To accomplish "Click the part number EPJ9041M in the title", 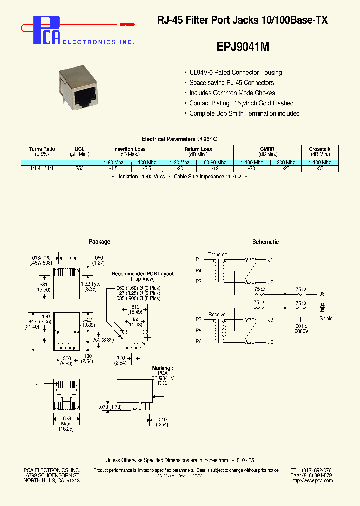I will (x=243, y=47).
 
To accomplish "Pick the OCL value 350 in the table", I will (x=79, y=169).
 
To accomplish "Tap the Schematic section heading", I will (x=265, y=242).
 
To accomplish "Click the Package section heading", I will (x=99, y=242).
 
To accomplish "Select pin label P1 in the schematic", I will (x=199, y=260).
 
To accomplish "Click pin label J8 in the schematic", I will (x=322, y=294).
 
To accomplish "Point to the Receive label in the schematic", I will (x=217, y=314).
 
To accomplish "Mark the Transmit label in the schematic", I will (x=218, y=254).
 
